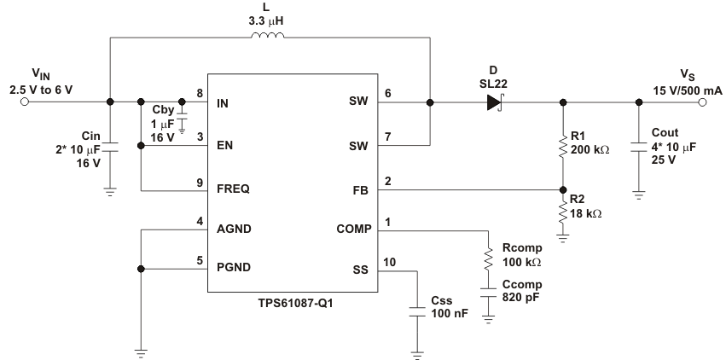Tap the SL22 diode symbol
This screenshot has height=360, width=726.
point(495,102)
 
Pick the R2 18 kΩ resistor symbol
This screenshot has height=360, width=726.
point(562,210)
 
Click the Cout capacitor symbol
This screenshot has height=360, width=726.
point(639,145)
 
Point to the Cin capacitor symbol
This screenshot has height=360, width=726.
point(110,145)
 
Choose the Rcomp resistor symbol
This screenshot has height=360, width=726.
point(489,258)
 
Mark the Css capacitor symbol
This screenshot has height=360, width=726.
point(416,312)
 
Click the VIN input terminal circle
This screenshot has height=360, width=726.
point(25,102)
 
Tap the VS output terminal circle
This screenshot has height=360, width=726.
point(704,102)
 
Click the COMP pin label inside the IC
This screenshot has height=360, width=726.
point(351,230)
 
